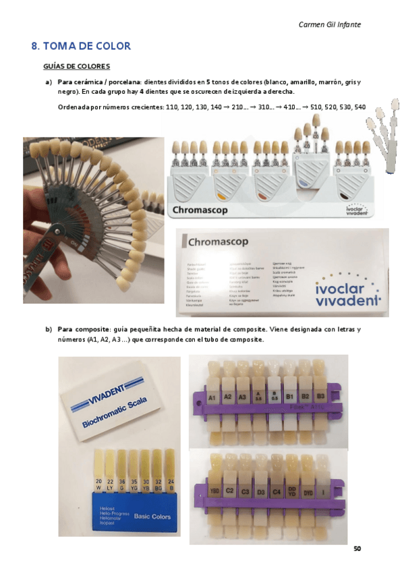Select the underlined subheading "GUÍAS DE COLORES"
point(76,67)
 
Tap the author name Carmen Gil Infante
point(330,24)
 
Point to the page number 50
point(357,548)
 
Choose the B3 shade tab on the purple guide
point(321,397)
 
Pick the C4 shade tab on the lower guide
point(276,492)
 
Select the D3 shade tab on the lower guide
point(261,492)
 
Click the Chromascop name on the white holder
point(202,210)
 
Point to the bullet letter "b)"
point(48,329)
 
